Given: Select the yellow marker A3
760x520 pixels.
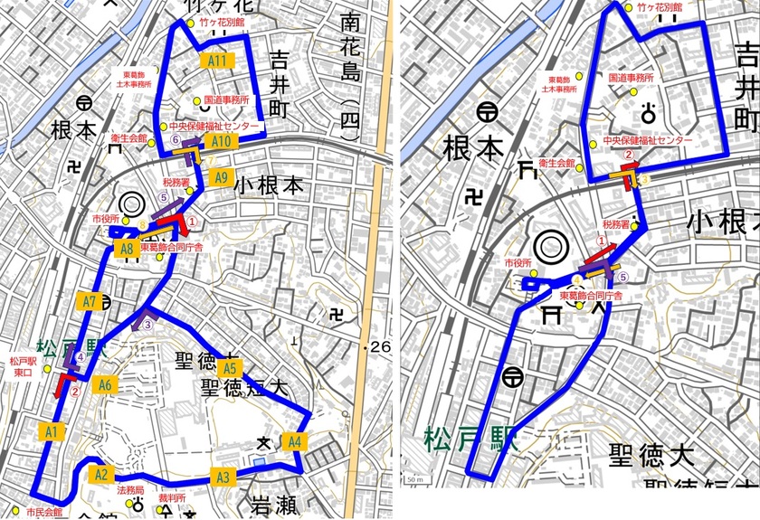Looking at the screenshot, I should tap(223, 477).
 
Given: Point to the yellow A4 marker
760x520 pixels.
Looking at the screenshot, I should tap(293, 442).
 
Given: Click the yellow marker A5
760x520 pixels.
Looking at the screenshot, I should tap(230, 368).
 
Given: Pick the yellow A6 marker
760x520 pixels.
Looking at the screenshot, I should tap(105, 385).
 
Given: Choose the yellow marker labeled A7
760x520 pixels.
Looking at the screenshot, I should tap(88, 301).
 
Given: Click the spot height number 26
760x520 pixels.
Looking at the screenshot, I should tap(377, 347).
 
